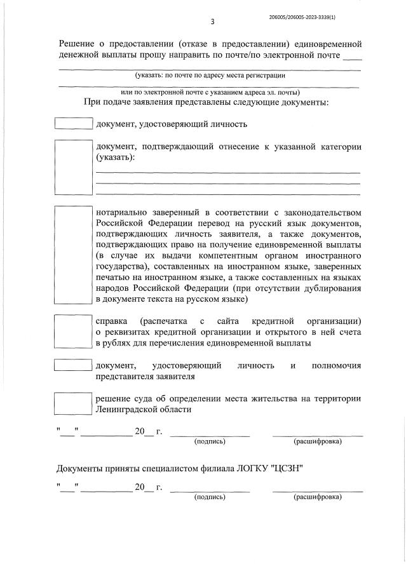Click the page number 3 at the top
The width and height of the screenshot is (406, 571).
coord(212,22)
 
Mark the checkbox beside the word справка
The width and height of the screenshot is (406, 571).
coord(74,331)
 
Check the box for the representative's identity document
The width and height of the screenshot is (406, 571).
coord(74,366)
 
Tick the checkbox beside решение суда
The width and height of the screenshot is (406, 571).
coord(74,403)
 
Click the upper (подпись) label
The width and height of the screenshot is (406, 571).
coord(210,441)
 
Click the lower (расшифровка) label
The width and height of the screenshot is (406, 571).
coord(318,497)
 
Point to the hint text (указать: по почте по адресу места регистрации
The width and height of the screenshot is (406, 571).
coord(209,76)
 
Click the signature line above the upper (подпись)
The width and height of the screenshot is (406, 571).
coord(210,435)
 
